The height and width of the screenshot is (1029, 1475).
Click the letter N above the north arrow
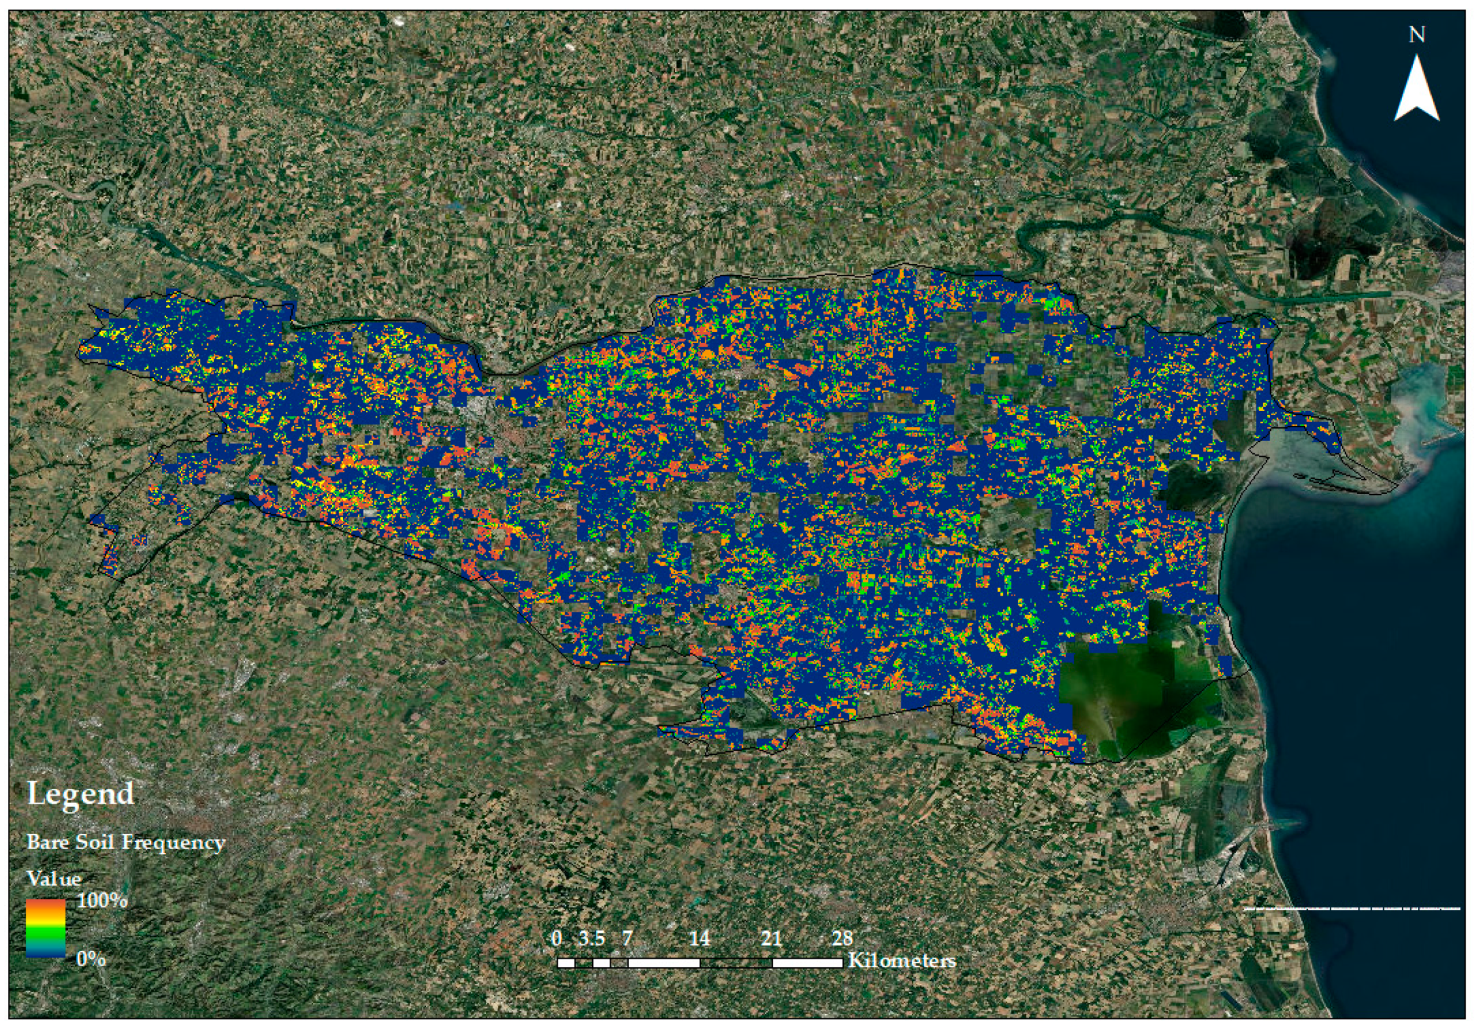(x=1417, y=35)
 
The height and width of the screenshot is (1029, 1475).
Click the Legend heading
(x=80, y=794)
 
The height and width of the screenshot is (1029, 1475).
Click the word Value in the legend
(x=54, y=878)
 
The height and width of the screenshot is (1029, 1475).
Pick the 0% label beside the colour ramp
(x=91, y=959)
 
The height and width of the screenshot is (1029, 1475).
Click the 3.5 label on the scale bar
(x=592, y=938)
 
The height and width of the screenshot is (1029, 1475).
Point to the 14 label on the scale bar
(x=699, y=938)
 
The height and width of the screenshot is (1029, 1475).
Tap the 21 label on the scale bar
(x=771, y=938)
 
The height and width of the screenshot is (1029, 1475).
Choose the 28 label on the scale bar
(x=842, y=938)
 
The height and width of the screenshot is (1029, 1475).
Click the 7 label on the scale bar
(x=627, y=938)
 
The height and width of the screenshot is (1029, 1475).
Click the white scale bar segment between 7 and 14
(x=664, y=963)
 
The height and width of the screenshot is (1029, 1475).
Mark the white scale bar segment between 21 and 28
(x=807, y=963)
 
